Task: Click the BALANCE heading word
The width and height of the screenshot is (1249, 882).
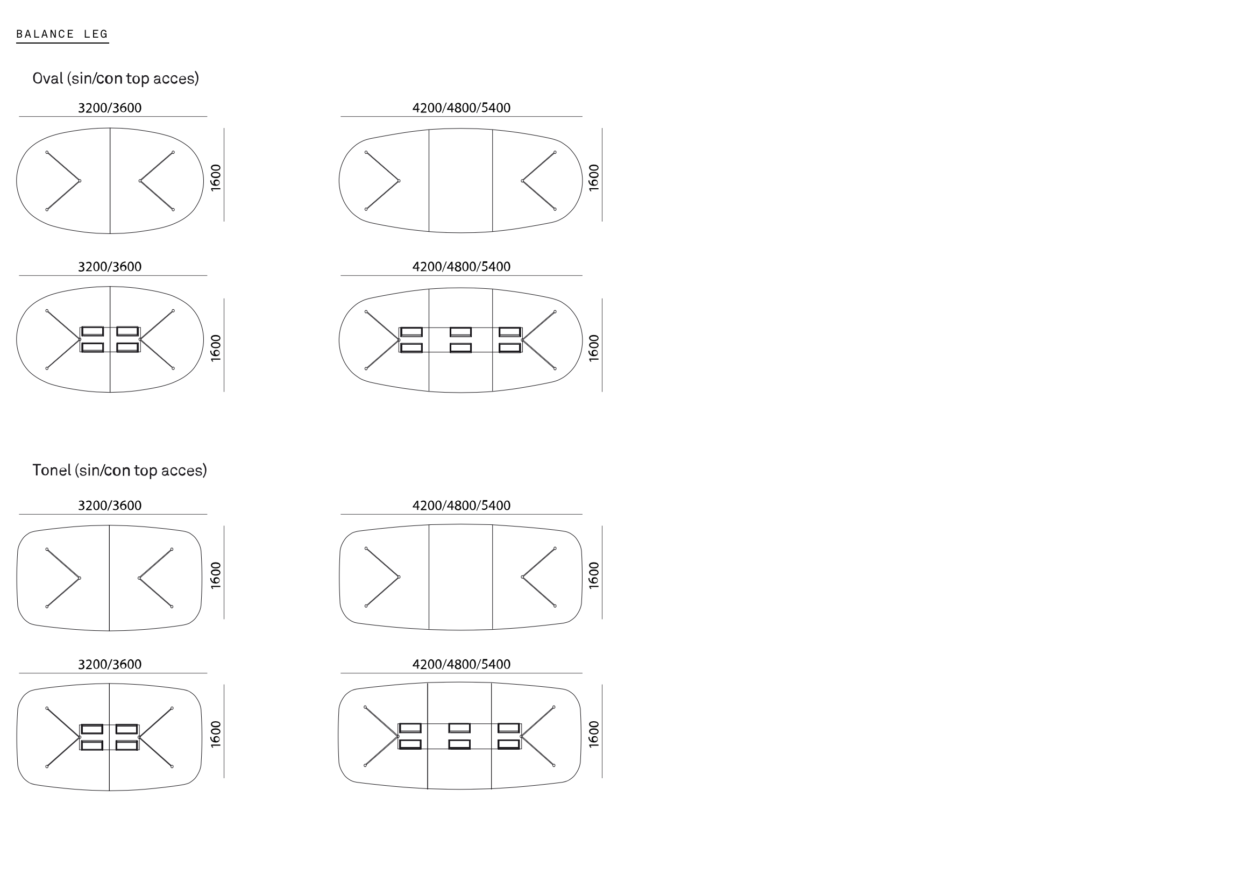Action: [45, 34]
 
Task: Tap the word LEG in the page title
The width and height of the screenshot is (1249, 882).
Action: [96, 34]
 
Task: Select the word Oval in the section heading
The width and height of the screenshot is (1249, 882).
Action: [48, 79]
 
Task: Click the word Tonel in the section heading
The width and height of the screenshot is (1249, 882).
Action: [52, 470]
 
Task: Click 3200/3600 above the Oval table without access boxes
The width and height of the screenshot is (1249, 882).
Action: [110, 108]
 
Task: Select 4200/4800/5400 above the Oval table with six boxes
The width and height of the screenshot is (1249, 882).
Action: [462, 266]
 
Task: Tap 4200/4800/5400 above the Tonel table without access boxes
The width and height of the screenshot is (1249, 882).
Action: [462, 505]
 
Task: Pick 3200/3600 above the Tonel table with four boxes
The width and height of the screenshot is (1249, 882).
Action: [110, 664]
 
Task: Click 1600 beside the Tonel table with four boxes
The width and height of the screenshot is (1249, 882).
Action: [216, 734]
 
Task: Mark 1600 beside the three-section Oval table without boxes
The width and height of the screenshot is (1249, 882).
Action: [594, 177]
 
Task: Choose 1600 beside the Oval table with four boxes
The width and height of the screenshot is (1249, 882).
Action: [216, 347]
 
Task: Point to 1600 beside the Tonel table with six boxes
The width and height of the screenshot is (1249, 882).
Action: [594, 734]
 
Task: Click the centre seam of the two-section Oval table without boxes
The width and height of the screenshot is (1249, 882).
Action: [110, 181]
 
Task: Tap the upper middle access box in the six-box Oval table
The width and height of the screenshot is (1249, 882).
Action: [461, 332]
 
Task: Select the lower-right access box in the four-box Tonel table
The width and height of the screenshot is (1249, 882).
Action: [127, 745]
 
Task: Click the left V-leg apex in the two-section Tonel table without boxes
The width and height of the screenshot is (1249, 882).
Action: [80, 578]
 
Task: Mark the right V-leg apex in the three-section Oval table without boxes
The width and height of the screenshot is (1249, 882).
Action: [522, 181]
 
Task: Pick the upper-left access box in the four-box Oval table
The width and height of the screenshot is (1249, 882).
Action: [93, 331]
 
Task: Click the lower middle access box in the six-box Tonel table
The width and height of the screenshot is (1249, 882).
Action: [460, 744]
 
